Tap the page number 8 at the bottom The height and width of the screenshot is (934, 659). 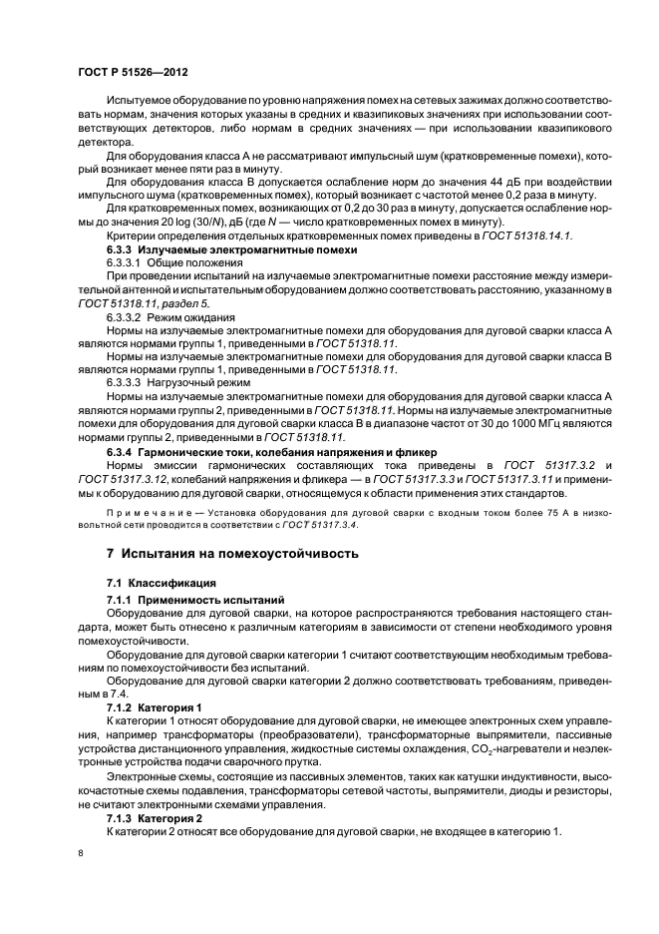[81, 853]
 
